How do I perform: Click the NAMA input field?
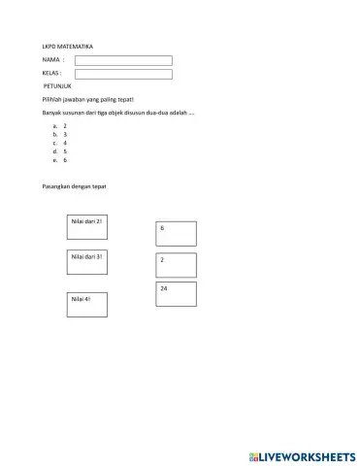pyautogui.click(x=123, y=60)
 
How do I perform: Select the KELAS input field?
pyautogui.click(x=123, y=74)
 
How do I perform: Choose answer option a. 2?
pyautogui.click(x=60, y=126)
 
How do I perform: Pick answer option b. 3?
pyautogui.click(x=60, y=134)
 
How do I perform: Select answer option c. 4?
pyautogui.click(x=60, y=143)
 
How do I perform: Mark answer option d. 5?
pyautogui.click(x=60, y=151)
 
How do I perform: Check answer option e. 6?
pyautogui.click(x=60, y=159)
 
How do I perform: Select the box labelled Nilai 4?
pyautogui.click(x=86, y=304)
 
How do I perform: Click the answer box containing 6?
pyautogui.click(x=176, y=233)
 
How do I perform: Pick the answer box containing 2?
pyautogui.click(x=176, y=265)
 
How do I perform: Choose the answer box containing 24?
pyautogui.click(x=176, y=294)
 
